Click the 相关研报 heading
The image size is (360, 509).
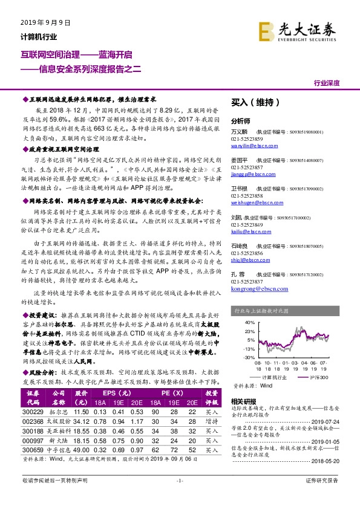pyautogui.click(x=244, y=402)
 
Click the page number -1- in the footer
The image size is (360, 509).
pyautogui.click(x=179, y=496)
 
